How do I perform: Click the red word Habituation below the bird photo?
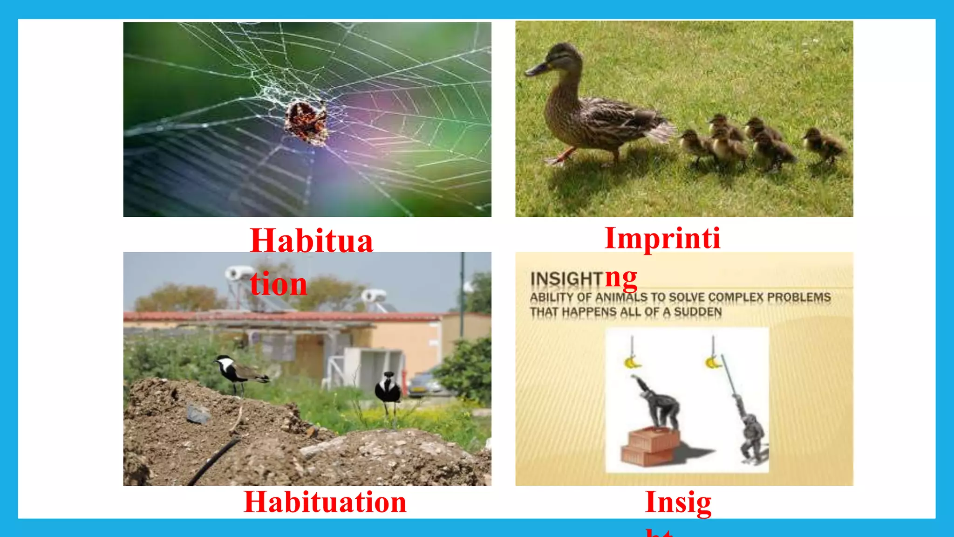(x=325, y=502)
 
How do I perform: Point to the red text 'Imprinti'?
(x=662, y=238)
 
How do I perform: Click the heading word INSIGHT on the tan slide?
(x=566, y=279)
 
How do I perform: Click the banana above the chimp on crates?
(x=632, y=362)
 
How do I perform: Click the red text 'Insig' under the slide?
(x=678, y=503)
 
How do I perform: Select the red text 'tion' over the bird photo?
(x=278, y=283)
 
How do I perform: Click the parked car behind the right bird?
(x=424, y=385)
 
